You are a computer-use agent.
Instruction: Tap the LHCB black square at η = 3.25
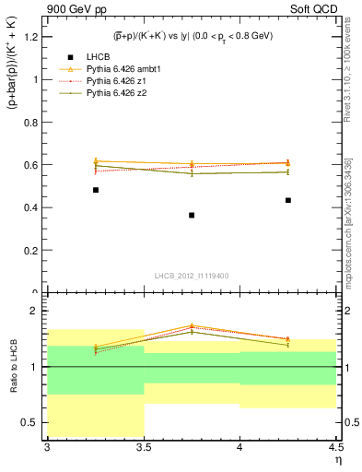click(96, 190)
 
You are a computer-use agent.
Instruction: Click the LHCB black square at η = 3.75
click(192, 215)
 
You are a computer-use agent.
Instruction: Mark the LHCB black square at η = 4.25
click(288, 200)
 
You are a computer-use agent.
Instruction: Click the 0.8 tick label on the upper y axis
click(34, 123)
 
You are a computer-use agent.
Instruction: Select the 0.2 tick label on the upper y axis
click(34, 250)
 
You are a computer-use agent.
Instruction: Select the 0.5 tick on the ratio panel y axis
click(34, 422)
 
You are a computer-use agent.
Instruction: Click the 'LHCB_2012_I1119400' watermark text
click(192, 276)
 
